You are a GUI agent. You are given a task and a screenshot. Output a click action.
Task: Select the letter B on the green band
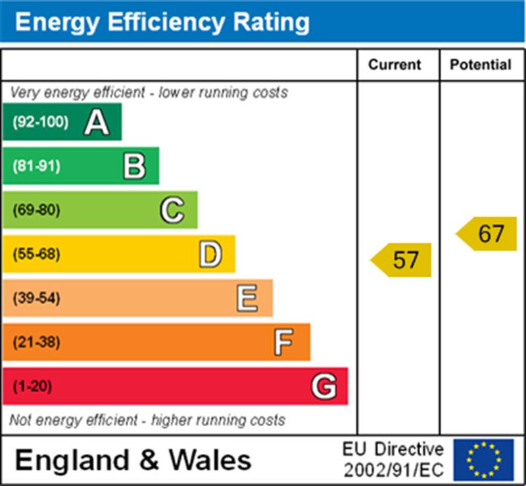[x=134, y=166]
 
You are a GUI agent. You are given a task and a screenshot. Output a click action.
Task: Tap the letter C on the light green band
[x=172, y=210]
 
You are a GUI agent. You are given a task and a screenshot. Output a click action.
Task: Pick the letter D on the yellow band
[x=210, y=254]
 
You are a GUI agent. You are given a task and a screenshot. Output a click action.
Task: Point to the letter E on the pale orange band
[x=247, y=298]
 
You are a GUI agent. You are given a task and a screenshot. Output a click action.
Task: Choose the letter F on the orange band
[x=283, y=342]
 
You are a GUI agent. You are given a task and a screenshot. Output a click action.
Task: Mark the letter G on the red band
[x=323, y=386]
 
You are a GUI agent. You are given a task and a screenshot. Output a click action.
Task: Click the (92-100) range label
[x=40, y=122]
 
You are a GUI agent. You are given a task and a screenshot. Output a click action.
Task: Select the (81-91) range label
[x=36, y=166]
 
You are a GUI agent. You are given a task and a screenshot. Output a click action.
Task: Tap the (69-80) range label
[x=36, y=210]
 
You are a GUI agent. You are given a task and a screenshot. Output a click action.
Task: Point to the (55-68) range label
[x=36, y=254]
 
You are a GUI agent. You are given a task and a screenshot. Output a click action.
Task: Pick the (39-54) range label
[x=36, y=298]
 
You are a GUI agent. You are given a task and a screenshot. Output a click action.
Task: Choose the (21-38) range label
[x=36, y=342]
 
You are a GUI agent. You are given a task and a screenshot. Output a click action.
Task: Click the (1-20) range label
[x=32, y=386]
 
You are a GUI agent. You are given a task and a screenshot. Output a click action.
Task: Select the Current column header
[x=394, y=64]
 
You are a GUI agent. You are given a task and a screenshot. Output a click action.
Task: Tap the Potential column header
[x=481, y=64]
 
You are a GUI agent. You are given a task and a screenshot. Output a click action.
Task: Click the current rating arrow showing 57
[x=402, y=259]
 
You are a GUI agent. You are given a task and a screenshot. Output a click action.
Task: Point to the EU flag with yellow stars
[x=483, y=459]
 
